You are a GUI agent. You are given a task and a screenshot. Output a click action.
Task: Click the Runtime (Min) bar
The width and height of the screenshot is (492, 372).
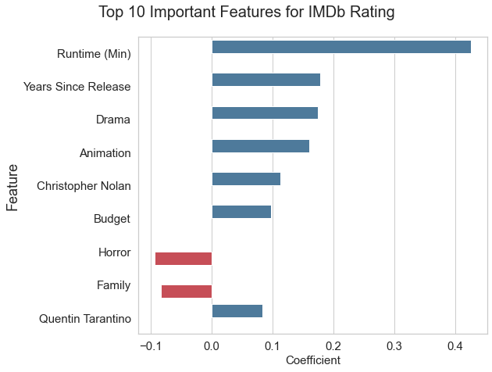coord(341,47)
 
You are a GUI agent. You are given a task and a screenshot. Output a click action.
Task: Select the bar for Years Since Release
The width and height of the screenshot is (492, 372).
coord(266,80)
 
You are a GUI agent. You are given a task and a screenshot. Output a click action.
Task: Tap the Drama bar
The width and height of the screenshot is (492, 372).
coord(265,113)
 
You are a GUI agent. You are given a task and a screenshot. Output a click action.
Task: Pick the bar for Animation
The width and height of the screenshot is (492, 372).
coord(261,146)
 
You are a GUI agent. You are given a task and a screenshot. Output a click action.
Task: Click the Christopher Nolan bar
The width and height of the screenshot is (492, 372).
coord(246,179)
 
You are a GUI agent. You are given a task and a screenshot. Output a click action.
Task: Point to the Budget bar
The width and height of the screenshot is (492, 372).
coord(241,212)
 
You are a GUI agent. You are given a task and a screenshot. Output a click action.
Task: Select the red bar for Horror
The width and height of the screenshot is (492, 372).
coord(184,259)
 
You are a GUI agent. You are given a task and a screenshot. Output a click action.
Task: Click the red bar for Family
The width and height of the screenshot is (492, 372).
coord(187,292)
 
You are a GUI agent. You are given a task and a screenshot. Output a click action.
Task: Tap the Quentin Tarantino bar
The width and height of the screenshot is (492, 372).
coord(237,311)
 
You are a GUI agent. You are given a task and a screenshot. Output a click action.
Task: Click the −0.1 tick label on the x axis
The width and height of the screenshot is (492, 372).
coord(152,346)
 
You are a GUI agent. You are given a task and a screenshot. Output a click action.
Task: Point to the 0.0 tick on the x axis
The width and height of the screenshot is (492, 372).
coord(212,346)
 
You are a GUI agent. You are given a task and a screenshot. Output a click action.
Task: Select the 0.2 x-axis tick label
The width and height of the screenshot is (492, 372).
coord(333,346)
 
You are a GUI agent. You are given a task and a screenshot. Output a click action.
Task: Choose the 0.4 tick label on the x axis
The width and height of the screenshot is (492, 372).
coord(455,346)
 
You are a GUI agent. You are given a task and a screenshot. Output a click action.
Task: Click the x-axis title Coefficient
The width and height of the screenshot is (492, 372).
coord(313,360)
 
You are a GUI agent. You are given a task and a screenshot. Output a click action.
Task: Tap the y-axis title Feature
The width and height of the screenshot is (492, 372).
coord(12,188)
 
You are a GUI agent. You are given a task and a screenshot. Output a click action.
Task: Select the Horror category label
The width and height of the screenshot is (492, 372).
coord(115,252)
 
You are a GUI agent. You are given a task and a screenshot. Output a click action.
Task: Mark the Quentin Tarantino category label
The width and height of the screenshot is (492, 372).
coord(85,319)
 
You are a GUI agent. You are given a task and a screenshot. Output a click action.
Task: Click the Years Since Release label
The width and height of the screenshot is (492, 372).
coord(77,87)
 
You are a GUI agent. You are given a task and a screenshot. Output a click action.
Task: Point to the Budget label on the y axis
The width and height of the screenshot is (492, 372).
coord(112,219)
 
